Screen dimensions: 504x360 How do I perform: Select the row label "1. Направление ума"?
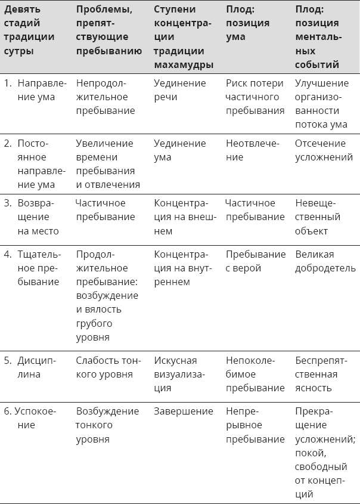(x=36, y=90)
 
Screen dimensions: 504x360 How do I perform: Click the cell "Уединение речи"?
(x=179, y=90)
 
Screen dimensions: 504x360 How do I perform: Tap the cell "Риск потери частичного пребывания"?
(x=255, y=97)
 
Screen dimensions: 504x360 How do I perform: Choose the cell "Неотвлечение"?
(x=252, y=150)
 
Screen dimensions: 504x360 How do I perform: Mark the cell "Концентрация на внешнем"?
(x=184, y=217)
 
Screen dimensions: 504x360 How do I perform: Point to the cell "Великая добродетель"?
(x=325, y=261)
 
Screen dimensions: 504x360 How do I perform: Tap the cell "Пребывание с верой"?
(x=256, y=261)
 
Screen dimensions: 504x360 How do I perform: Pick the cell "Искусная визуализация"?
(x=179, y=374)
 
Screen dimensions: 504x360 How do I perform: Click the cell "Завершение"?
(x=184, y=412)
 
